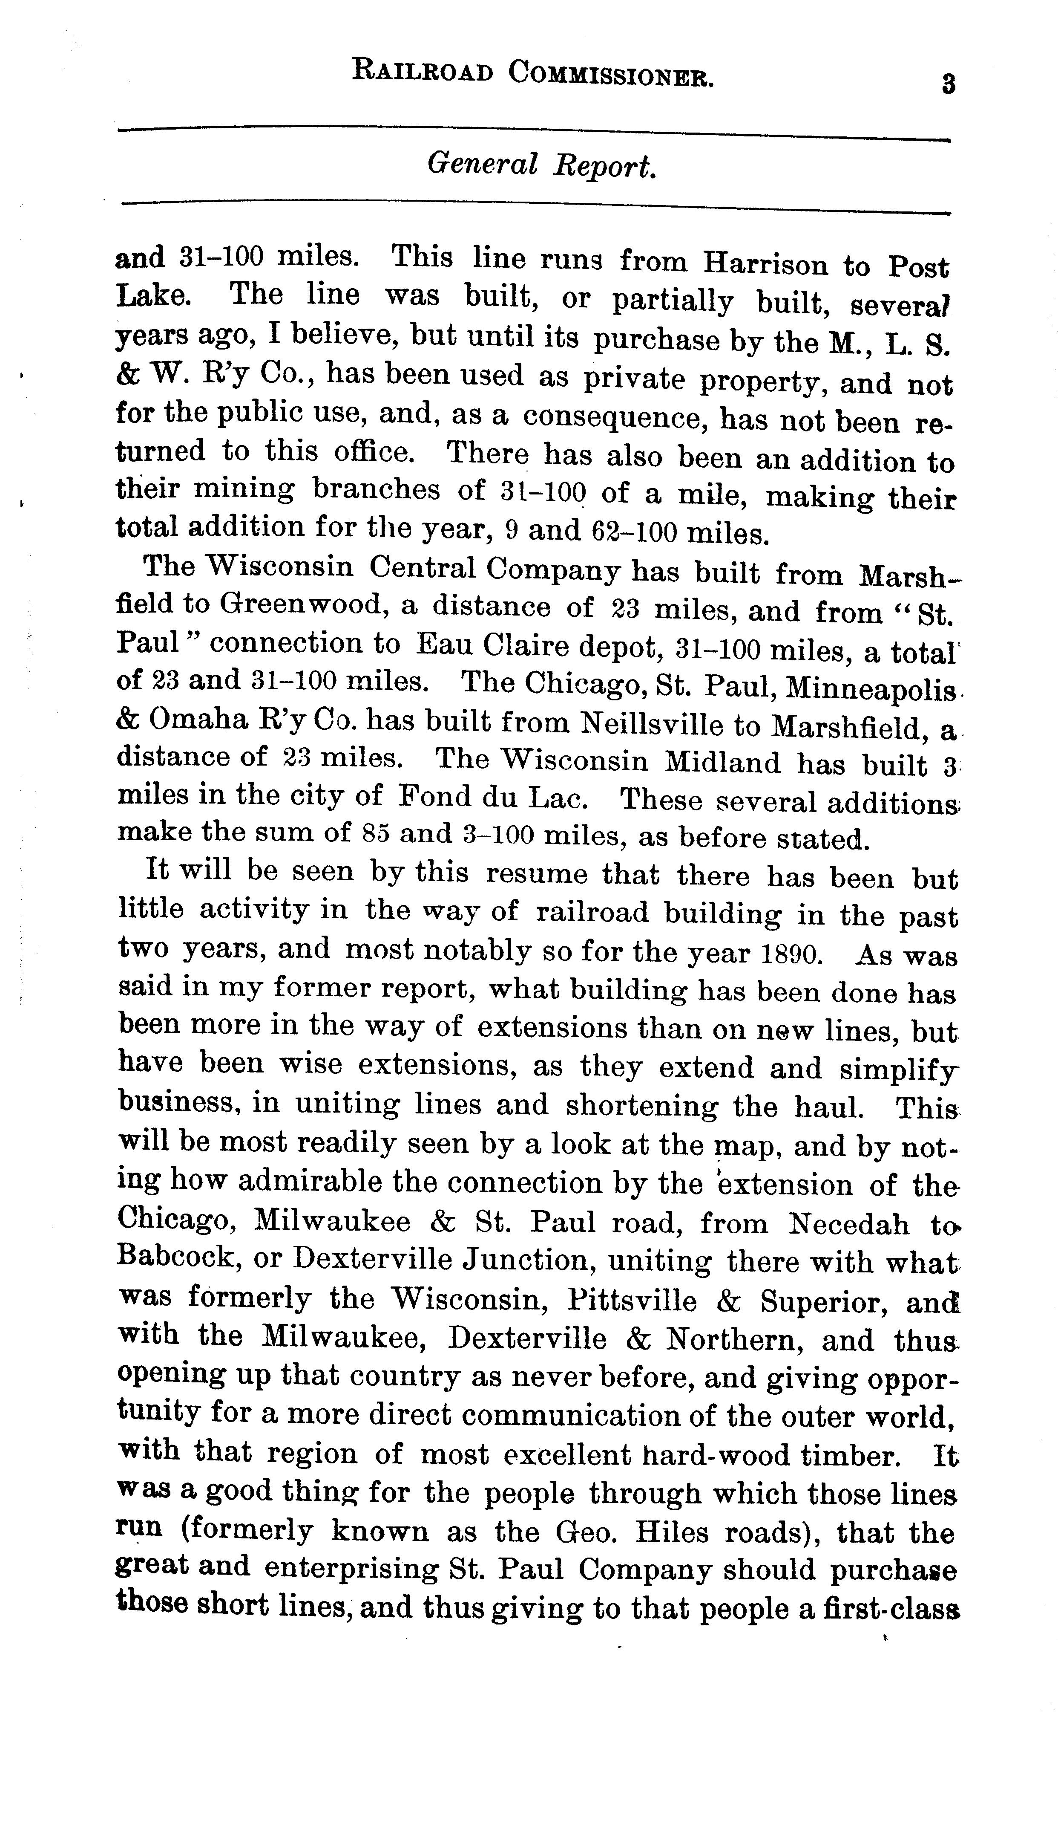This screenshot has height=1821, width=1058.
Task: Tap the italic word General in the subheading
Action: (x=482, y=165)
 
